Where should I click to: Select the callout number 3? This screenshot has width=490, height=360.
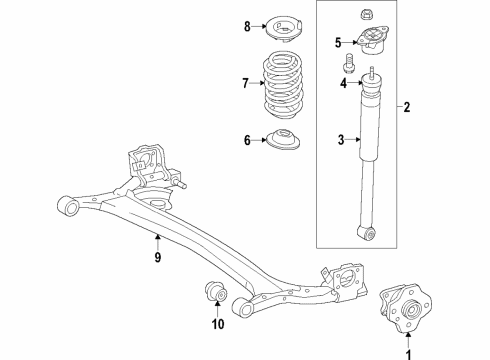341,141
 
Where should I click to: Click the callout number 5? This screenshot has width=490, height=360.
339,42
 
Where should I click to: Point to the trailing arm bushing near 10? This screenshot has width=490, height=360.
212,293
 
